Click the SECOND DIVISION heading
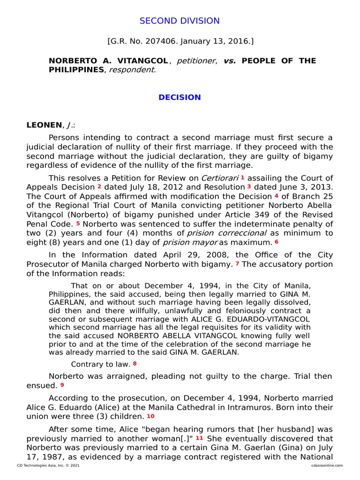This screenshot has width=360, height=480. point(180,21)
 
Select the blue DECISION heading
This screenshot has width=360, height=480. point(180,97)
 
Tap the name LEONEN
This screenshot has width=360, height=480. point(44,125)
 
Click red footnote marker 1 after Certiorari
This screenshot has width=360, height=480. point(242,177)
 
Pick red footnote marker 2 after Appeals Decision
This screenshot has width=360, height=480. point(99,186)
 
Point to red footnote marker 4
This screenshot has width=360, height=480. point(276,195)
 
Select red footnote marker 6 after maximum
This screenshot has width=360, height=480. point(277,242)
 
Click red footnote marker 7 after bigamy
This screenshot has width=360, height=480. point(237,263)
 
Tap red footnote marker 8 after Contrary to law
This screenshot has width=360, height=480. point(135,363)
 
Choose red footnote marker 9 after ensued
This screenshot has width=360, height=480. point(62,385)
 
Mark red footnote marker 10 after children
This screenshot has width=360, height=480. point(150,416)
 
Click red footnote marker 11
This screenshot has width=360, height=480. point(199,438)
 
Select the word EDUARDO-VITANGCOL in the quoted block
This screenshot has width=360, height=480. point(271,319)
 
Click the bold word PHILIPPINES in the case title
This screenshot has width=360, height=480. point(76,69)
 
